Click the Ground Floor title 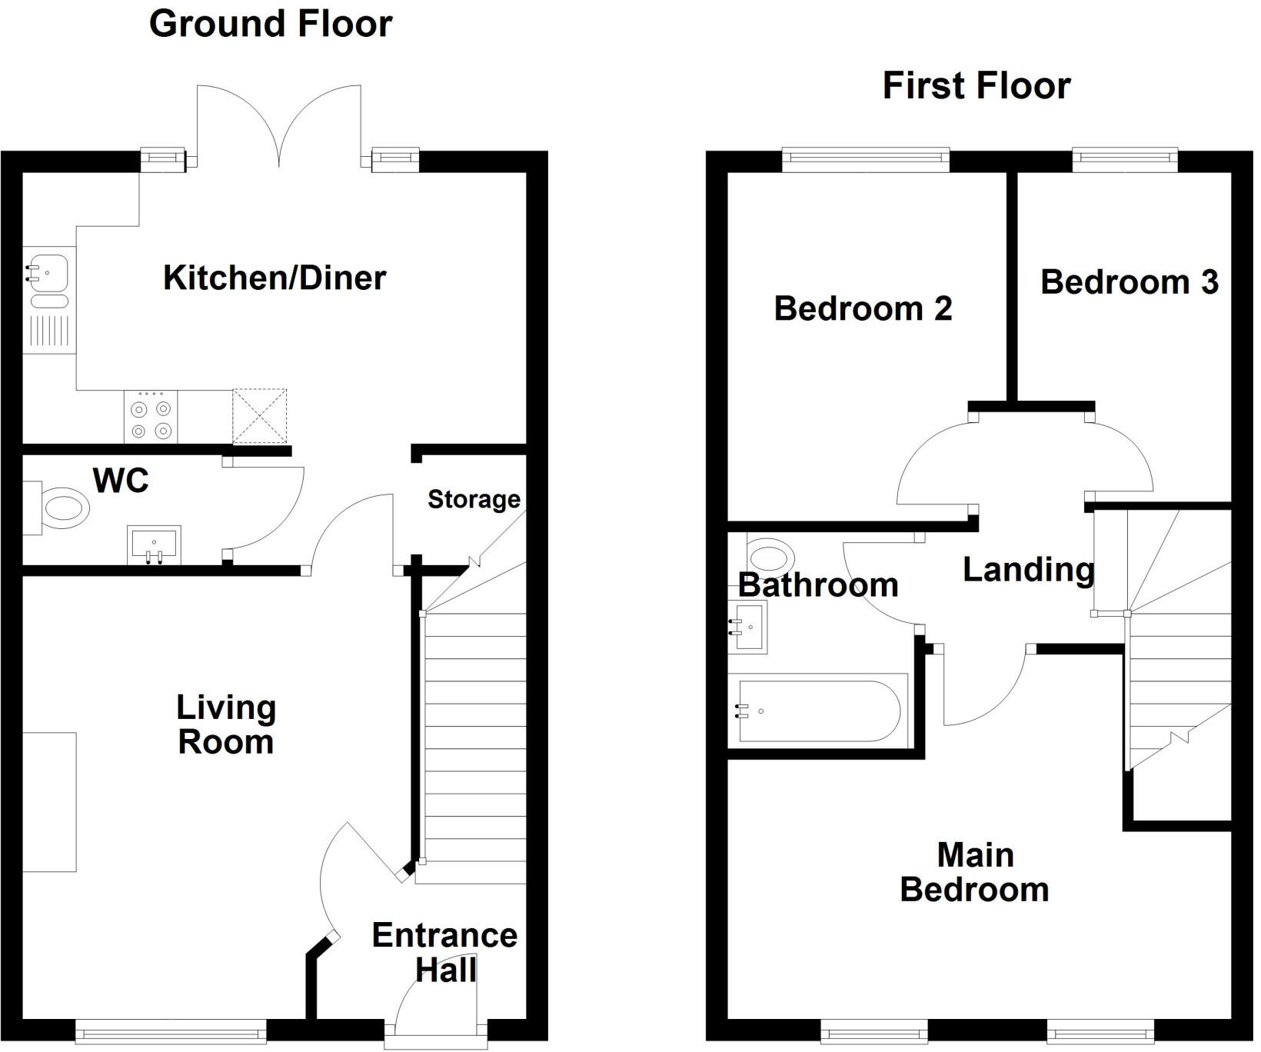pyautogui.click(x=271, y=24)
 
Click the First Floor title pyautogui.click(x=976, y=85)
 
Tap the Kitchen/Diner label pyautogui.click(x=274, y=278)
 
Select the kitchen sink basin pyautogui.click(x=46, y=273)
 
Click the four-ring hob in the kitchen pyautogui.click(x=151, y=417)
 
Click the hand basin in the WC pyautogui.click(x=155, y=544)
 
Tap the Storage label pyautogui.click(x=474, y=500)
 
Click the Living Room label pyautogui.click(x=226, y=724)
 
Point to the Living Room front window pyautogui.click(x=171, y=1031)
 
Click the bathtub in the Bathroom pyautogui.click(x=818, y=711)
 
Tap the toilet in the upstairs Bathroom pyautogui.click(x=770, y=555)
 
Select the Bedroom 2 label pyautogui.click(x=863, y=308)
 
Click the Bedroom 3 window pyautogui.click(x=1125, y=159)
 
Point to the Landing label pyautogui.click(x=1028, y=570)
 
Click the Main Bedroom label pyautogui.click(x=974, y=872)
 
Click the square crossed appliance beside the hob pyautogui.click(x=260, y=416)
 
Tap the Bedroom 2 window pyautogui.click(x=866, y=159)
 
